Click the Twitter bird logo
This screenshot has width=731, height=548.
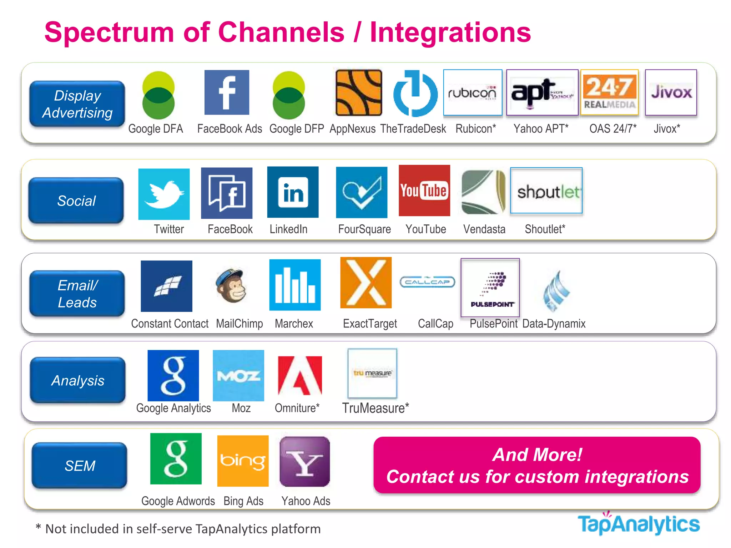[164, 194]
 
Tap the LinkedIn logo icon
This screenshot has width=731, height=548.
[293, 192]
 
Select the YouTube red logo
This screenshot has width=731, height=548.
[424, 191]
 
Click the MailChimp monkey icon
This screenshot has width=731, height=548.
[231, 285]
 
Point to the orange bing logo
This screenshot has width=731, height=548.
[243, 461]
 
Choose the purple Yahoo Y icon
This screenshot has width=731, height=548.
[305, 462]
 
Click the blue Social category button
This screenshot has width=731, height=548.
[76, 201]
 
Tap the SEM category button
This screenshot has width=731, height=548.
[80, 466]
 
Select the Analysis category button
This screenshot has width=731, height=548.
[78, 380]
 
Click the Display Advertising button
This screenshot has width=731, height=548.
[77, 104]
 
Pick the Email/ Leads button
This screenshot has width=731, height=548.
[77, 294]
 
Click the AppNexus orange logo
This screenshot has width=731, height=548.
[359, 93]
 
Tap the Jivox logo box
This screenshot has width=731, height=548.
[671, 93]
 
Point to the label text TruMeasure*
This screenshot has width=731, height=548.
[375, 408]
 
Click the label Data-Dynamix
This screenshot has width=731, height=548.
[554, 324]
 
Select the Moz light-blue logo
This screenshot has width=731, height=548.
[238, 375]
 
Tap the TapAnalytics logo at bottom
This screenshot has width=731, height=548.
[639, 524]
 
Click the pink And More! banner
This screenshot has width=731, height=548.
[537, 465]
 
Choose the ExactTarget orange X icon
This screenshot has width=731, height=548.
[366, 283]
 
